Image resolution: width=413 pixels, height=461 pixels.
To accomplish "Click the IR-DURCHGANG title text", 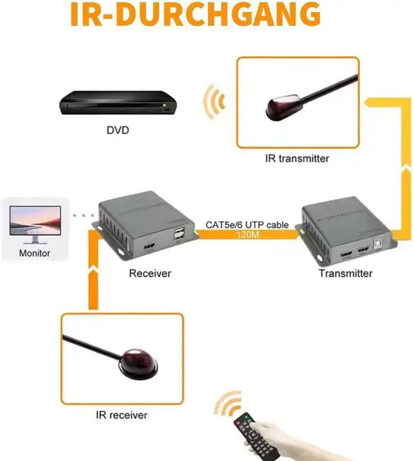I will [x=195, y=15].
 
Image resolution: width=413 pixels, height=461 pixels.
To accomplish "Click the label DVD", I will [x=117, y=130].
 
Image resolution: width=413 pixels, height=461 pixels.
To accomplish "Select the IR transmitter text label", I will [x=297, y=158].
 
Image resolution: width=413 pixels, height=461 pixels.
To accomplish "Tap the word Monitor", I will [x=34, y=253].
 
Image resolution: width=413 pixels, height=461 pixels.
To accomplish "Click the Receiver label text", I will [x=150, y=273].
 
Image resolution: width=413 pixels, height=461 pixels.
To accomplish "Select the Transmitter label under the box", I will [x=345, y=273].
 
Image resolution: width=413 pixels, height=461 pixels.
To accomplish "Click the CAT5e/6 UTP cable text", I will [x=247, y=225].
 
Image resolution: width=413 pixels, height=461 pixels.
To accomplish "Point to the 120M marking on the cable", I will [x=248, y=235].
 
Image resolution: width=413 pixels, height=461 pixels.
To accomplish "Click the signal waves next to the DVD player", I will [x=214, y=101].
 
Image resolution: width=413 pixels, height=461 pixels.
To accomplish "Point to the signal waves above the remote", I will [x=227, y=405].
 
